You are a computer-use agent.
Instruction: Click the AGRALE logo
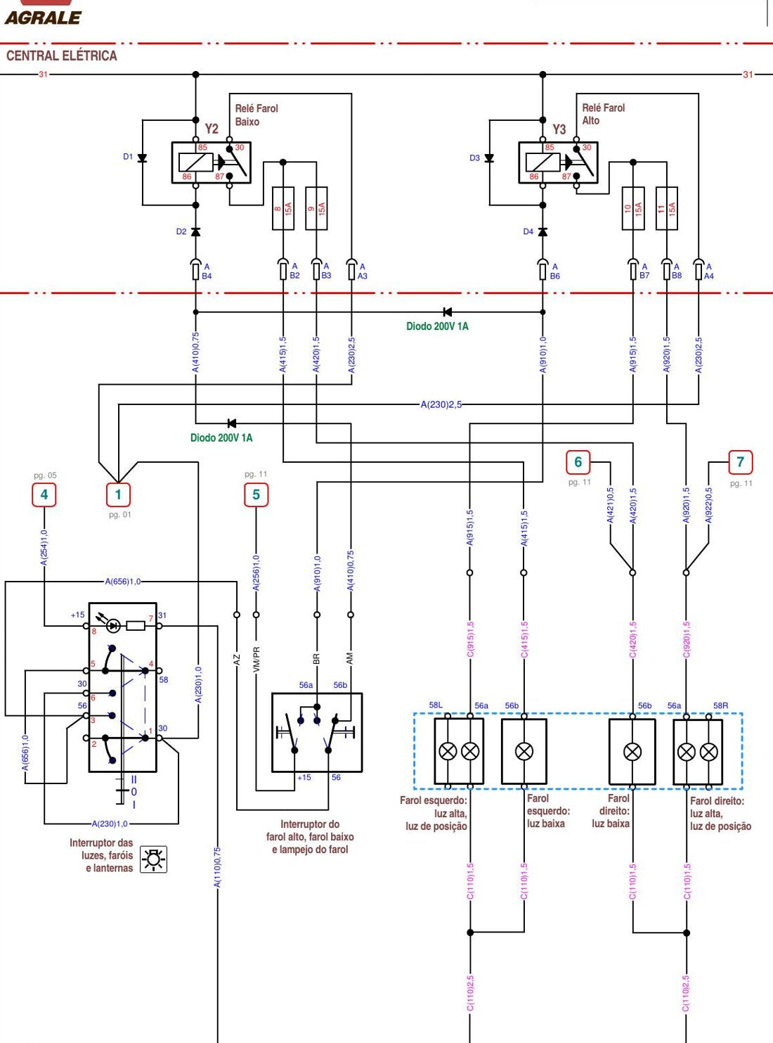pyautogui.click(x=43, y=14)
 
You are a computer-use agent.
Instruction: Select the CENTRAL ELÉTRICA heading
pyautogui.click(x=62, y=56)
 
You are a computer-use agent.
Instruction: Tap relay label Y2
pyautogui.click(x=212, y=129)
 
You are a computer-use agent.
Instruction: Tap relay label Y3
pyautogui.click(x=559, y=129)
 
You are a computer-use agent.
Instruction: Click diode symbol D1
pyautogui.click(x=143, y=158)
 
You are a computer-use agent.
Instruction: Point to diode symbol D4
pyautogui.click(x=543, y=232)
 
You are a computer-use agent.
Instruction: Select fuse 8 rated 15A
pyautogui.click(x=283, y=208)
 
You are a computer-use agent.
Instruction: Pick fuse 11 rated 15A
pyautogui.click(x=667, y=208)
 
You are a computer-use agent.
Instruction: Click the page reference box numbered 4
pyautogui.click(x=44, y=494)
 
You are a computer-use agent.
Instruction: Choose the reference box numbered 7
pyautogui.click(x=741, y=462)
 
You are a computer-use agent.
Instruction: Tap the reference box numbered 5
pyautogui.click(x=256, y=494)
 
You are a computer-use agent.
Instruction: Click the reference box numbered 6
pyautogui.click(x=578, y=462)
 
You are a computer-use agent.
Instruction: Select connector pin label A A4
pyautogui.click(x=708, y=271)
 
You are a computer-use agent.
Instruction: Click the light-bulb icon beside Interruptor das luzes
pyautogui.click(x=154, y=859)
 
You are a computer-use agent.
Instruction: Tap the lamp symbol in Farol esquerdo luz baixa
pyautogui.click(x=524, y=751)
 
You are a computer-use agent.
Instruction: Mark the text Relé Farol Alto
pyautogui.click(x=604, y=114)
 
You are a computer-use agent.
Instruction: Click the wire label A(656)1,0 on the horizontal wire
pyautogui.click(x=123, y=582)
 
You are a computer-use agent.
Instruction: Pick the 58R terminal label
pyautogui.click(x=720, y=705)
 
